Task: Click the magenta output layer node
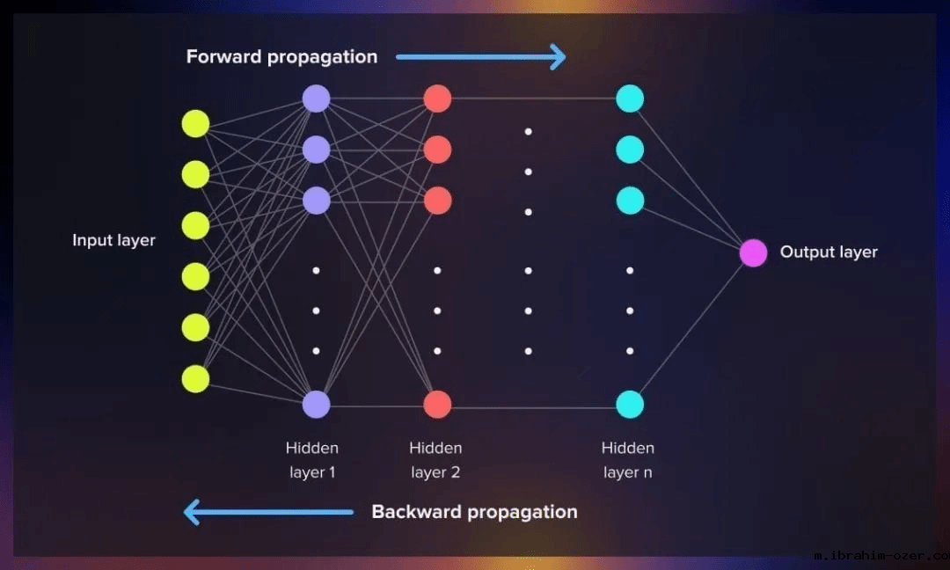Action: click(753, 252)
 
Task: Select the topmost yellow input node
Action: click(195, 124)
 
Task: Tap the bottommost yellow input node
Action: click(195, 379)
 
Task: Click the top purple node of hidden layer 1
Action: click(316, 99)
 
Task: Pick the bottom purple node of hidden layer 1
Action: click(316, 405)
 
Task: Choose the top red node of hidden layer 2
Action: click(437, 99)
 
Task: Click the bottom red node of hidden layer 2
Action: click(437, 405)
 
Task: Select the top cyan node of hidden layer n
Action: click(630, 99)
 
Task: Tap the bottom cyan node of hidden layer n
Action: click(630, 405)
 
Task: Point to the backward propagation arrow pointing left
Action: click(268, 512)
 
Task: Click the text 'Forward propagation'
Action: click(281, 57)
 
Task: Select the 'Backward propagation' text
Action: click(474, 512)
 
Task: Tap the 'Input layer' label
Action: click(113, 240)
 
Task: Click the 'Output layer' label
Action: click(829, 252)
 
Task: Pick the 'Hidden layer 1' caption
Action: click(312, 460)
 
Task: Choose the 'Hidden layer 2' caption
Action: click(435, 460)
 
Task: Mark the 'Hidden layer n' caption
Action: click(628, 460)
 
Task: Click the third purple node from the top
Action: click(316, 201)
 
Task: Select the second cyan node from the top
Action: click(630, 150)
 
